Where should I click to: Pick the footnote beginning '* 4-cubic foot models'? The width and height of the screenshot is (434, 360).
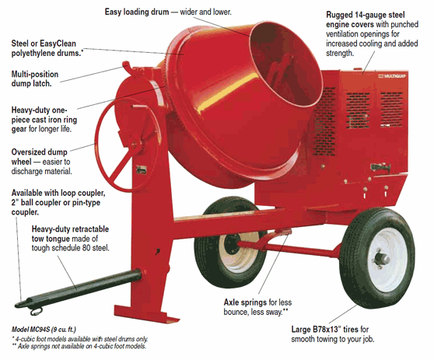(x=78, y=339)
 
